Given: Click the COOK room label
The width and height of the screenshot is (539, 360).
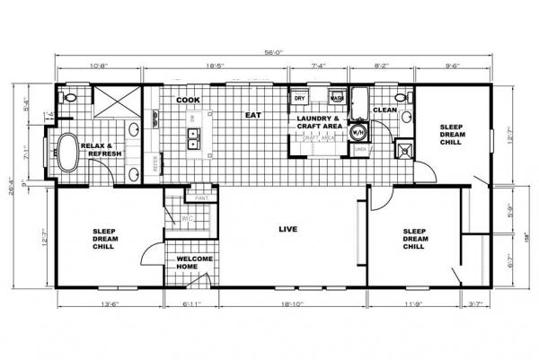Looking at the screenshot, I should [x=187, y=100].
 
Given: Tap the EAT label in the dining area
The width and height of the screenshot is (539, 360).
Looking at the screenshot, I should [x=254, y=114].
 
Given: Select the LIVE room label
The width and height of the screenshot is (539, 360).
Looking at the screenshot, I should [x=290, y=228].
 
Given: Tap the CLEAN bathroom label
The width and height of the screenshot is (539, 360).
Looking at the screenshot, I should [x=384, y=110].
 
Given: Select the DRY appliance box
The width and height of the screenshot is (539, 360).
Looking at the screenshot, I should [x=299, y=98].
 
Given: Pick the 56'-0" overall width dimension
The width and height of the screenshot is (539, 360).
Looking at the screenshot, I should [x=274, y=52].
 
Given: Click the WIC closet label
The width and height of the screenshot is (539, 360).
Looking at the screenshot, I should [x=188, y=217].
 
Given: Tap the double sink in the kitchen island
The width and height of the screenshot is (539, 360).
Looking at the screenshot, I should [x=192, y=137].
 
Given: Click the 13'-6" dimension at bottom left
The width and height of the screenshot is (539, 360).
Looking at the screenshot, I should [x=109, y=306].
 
